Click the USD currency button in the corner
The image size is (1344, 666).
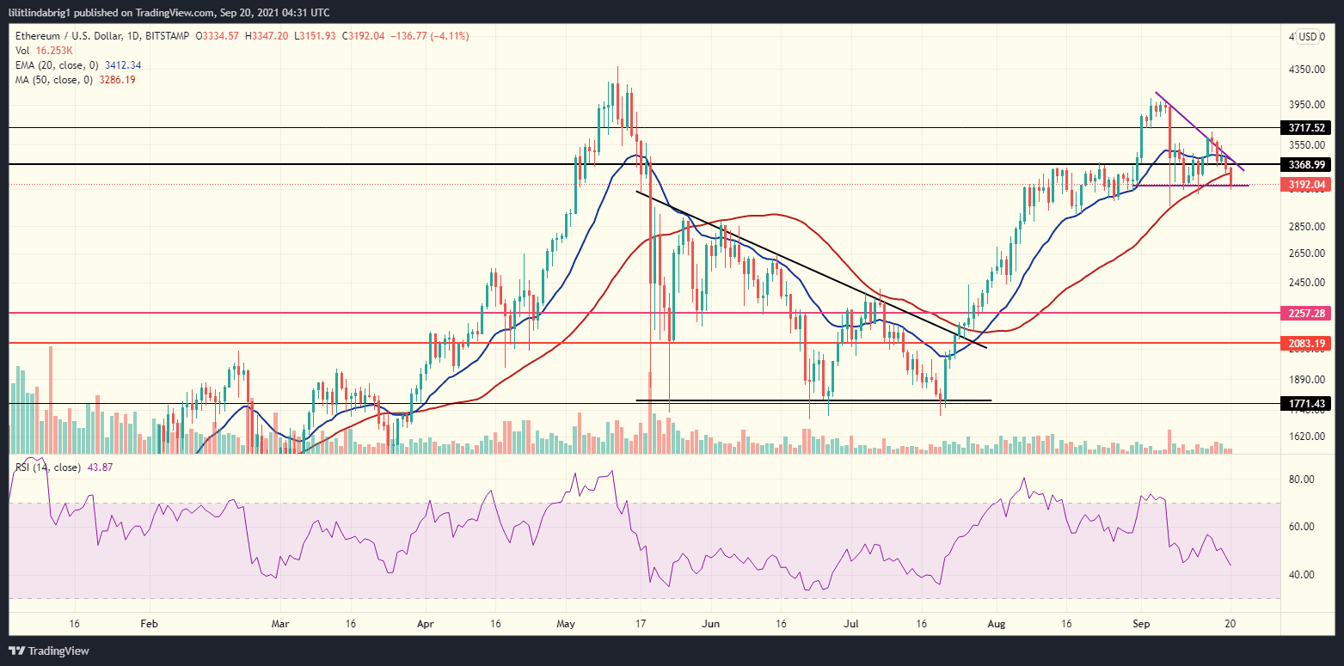[1308, 37]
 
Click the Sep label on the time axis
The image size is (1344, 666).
[1140, 622]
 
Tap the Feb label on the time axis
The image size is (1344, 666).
[149, 622]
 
